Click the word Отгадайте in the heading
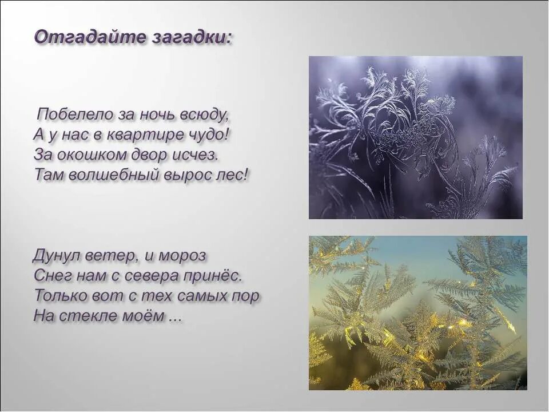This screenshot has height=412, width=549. [82, 38]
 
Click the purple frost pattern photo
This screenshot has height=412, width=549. [416, 137]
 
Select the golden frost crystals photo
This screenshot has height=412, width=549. [418, 312]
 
